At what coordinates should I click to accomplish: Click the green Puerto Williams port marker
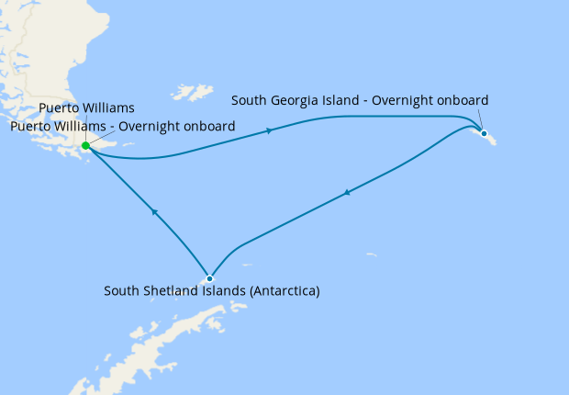[x=85, y=145]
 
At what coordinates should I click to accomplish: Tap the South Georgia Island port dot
[x=484, y=133]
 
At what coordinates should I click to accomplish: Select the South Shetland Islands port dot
[x=210, y=278]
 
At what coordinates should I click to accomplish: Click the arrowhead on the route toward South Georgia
[x=269, y=130]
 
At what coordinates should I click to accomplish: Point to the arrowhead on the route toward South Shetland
[x=346, y=193]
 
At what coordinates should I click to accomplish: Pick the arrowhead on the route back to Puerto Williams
[x=154, y=212]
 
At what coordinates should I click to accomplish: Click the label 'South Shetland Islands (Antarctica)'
[x=212, y=292]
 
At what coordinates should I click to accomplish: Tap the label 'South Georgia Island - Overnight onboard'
[x=360, y=100]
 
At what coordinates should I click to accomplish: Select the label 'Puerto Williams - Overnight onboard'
[x=123, y=126]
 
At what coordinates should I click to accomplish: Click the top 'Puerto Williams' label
[x=86, y=108]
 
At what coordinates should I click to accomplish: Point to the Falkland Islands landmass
[x=194, y=92]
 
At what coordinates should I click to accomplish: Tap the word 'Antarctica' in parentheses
[x=284, y=292]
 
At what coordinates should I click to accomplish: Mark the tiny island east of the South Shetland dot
[x=371, y=255]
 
